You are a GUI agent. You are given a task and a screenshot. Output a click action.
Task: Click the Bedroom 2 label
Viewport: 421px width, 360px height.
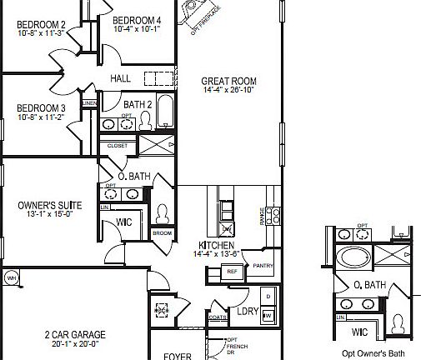41,25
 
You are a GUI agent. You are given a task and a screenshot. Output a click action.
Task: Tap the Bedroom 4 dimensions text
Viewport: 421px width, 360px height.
137,29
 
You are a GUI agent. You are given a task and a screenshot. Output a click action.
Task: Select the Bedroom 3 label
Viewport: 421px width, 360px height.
41,108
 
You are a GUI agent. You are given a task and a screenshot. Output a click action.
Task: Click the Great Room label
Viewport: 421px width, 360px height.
228,82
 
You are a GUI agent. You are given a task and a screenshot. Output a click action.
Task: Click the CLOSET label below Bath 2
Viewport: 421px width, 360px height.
118,146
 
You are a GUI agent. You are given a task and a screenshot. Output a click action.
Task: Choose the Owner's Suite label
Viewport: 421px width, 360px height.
48,202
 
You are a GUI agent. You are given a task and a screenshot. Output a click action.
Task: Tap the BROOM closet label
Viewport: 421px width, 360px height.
161,232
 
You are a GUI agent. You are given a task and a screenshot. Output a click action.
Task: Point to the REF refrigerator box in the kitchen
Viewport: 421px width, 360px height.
233,272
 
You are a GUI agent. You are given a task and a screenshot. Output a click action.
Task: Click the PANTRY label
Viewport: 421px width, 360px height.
263,266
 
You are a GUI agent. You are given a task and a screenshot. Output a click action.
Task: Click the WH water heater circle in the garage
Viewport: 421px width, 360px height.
12,277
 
